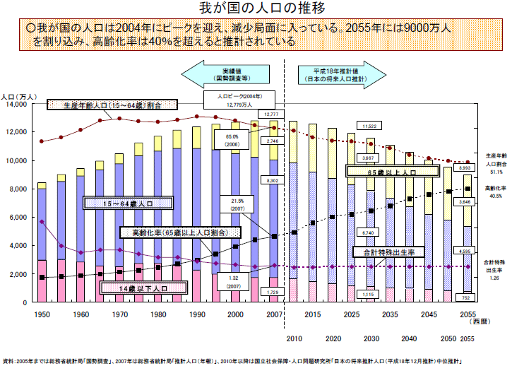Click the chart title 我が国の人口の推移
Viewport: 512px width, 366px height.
tap(256, 8)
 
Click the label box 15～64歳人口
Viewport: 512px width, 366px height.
tap(129, 203)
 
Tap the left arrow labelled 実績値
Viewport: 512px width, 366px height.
tap(227, 74)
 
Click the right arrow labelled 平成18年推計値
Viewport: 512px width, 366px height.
tap(337, 74)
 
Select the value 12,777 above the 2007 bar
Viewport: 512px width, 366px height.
tap(272, 114)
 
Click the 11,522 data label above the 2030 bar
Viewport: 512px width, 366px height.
tap(368, 126)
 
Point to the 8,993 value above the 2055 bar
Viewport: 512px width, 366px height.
tap(465, 168)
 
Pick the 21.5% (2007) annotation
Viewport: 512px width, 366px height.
tap(237, 205)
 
